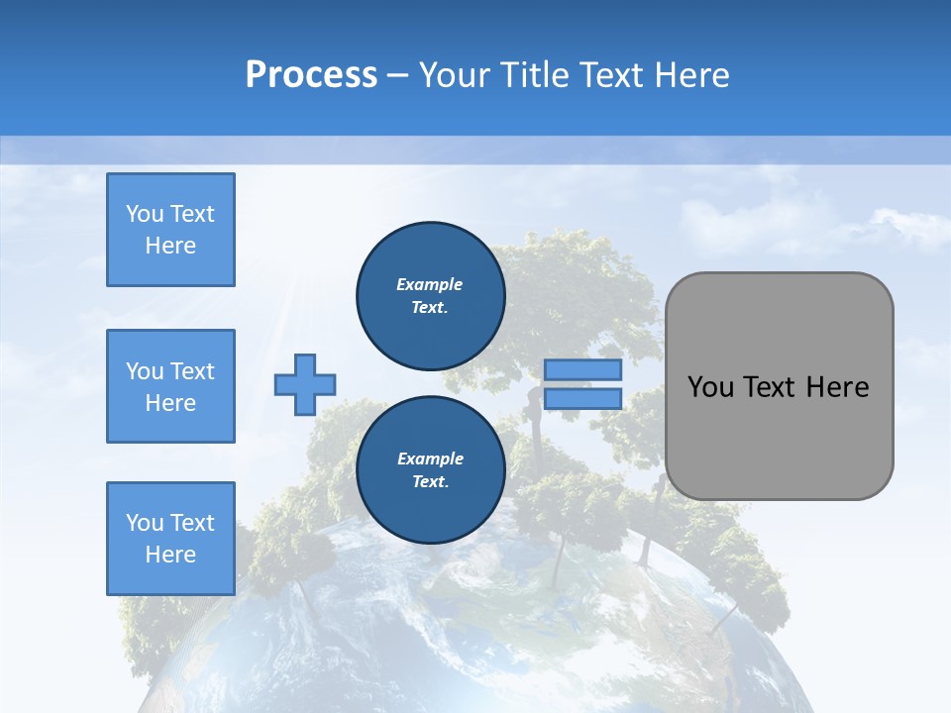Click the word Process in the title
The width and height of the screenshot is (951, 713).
coord(311,75)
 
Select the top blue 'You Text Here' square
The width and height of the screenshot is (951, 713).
coord(170,230)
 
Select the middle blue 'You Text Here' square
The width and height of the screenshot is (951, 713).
coord(170,386)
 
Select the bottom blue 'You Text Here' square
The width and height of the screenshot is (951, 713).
coord(170,538)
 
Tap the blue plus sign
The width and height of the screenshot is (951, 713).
coord(305,384)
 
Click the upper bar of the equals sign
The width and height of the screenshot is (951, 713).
coord(582,369)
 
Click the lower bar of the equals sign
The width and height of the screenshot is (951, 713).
coord(582,398)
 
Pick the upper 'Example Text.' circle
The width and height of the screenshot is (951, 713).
coord(430,296)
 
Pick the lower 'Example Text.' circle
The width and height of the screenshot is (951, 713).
coord(430,470)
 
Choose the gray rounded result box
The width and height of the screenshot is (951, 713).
coord(779,436)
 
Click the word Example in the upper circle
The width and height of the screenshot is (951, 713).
coord(430,284)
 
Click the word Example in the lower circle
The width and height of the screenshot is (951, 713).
coord(430,458)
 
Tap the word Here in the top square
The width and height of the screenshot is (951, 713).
coord(170,246)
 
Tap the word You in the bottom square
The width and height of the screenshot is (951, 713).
coord(145,522)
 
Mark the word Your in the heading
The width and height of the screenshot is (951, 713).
coord(456,75)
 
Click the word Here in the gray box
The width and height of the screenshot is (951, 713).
coord(837,387)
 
